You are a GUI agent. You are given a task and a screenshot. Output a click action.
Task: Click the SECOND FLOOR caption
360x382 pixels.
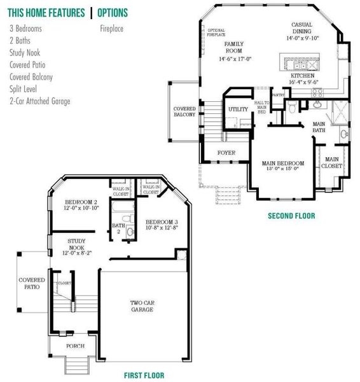291,216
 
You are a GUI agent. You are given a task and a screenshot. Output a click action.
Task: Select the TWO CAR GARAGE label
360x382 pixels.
142,306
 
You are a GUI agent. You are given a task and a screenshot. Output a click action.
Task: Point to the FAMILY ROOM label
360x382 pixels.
234,46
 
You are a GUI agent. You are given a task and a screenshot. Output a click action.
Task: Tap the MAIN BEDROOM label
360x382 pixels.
283,164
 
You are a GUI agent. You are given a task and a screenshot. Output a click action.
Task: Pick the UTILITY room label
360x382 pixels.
238,110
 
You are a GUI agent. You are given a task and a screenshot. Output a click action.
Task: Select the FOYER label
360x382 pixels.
226,153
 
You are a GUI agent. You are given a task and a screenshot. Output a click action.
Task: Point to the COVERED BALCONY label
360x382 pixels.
184,112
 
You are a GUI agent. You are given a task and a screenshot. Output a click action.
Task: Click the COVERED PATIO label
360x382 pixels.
31,284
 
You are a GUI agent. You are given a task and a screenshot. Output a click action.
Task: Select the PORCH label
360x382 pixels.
76,346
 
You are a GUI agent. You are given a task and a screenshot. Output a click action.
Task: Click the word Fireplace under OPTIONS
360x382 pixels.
112,29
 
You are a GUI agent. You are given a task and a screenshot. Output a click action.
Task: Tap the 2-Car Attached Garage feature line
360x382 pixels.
40,101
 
